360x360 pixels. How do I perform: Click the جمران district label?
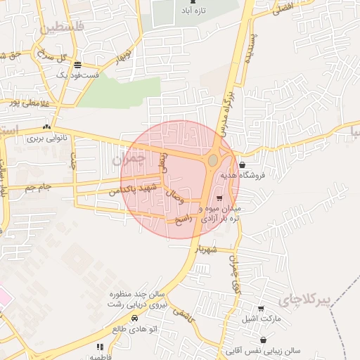pos(128,160)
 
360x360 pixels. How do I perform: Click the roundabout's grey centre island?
pos(212,161)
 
